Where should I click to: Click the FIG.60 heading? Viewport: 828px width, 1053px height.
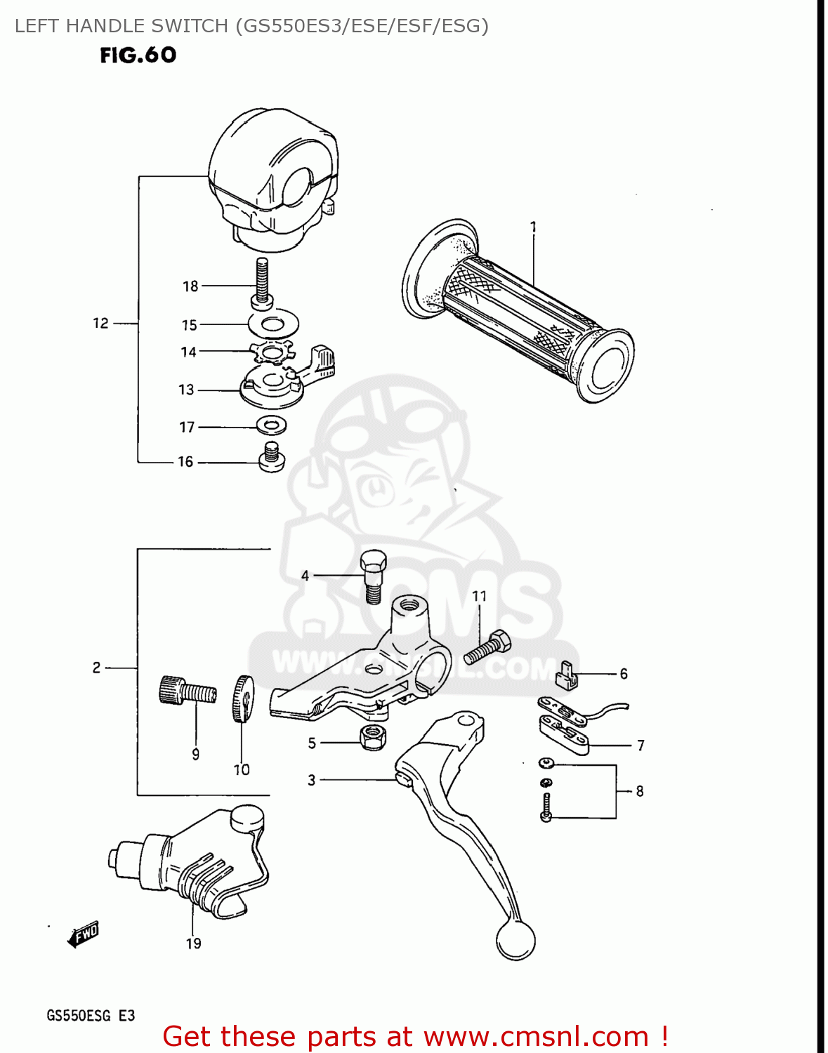[x=138, y=55]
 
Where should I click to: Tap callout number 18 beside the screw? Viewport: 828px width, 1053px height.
[x=190, y=286]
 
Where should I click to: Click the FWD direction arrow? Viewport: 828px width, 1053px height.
[x=84, y=934]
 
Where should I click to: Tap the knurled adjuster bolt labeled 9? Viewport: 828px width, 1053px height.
[x=186, y=691]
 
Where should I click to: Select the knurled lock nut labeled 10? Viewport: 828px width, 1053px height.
[x=242, y=698]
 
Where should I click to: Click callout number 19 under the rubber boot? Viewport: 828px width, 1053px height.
[x=194, y=943]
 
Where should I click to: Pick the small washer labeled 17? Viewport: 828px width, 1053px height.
[x=271, y=425]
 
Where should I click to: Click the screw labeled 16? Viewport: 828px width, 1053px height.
[x=271, y=458]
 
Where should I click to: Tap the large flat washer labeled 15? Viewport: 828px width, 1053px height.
[x=273, y=324]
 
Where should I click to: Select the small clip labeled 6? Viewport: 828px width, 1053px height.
[x=567, y=675]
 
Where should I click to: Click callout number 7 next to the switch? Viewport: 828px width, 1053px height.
[x=640, y=745]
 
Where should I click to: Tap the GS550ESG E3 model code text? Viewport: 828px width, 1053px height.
[x=91, y=1015]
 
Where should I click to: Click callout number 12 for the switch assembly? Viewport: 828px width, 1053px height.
[x=100, y=323]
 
